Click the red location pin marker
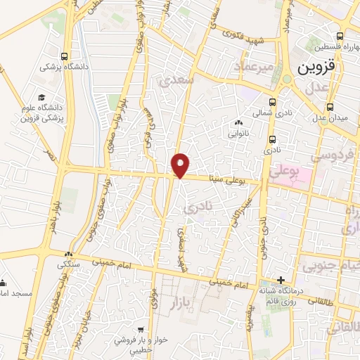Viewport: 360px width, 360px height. point(181,165)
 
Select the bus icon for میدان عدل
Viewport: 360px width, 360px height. point(330,108)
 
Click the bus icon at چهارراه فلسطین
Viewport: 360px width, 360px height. point(340,36)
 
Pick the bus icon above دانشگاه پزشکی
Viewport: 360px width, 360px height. point(65,57)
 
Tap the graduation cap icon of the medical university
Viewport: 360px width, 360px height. point(41,96)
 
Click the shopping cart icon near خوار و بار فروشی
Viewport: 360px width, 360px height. point(141,329)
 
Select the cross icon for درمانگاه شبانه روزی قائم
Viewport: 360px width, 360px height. point(281,280)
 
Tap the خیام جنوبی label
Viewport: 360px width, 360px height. point(328,266)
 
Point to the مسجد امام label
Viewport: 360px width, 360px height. point(13,291)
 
